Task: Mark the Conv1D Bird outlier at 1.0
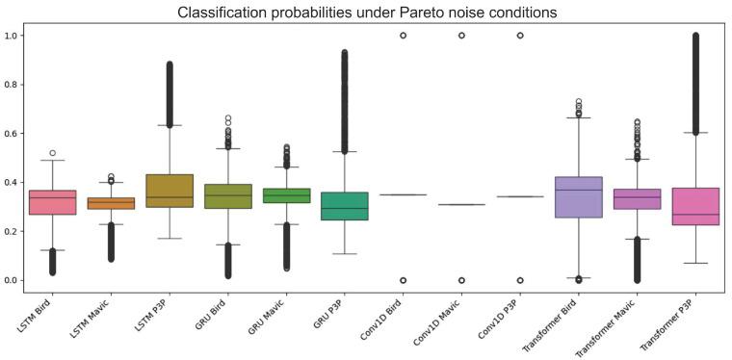403,36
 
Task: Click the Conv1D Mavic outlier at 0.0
462,280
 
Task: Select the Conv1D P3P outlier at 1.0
521,36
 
